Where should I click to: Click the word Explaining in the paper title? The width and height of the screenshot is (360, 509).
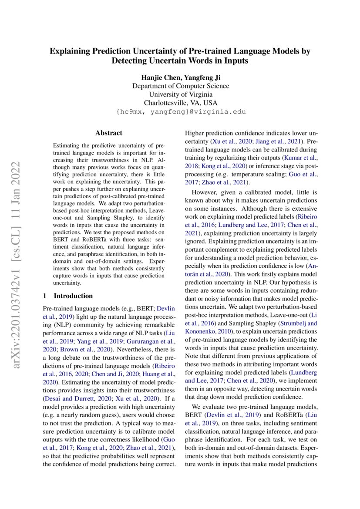(x=69, y=51)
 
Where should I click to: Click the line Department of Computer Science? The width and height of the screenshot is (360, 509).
(x=180, y=86)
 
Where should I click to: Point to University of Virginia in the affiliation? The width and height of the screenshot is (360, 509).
(x=180, y=94)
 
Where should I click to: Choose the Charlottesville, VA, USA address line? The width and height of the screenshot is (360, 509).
(x=180, y=103)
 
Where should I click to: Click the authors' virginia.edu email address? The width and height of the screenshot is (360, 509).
(x=180, y=112)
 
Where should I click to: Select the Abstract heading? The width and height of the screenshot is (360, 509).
(x=109, y=133)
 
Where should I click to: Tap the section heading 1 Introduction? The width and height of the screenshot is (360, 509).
(x=67, y=296)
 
